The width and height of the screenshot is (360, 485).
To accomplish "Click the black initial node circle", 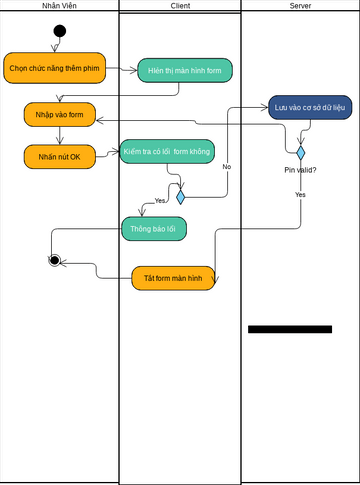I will pyautogui.click(x=59, y=31).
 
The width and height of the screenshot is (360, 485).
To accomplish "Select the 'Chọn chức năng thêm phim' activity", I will pyautogui.click(x=54, y=68).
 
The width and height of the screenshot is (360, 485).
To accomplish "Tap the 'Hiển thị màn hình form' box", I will pyautogui.click(x=184, y=70).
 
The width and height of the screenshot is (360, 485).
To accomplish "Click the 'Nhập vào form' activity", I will pyautogui.click(x=59, y=115).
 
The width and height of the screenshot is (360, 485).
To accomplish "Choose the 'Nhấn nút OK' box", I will pyautogui.click(x=59, y=157).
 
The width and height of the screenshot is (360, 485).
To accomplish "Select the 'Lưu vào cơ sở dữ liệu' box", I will pyautogui.click(x=310, y=107).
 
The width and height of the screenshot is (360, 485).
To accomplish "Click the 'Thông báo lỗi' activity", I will pyautogui.click(x=154, y=229).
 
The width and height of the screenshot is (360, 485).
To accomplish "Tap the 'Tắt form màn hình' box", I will pyautogui.click(x=173, y=278).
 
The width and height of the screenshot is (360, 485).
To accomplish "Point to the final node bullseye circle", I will pyautogui.click(x=56, y=260).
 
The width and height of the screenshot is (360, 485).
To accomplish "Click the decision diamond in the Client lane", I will pyautogui.click(x=180, y=197).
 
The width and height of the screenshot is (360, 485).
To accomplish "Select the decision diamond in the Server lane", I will pyautogui.click(x=300, y=153).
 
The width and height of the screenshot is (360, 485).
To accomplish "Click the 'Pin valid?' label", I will pyautogui.click(x=300, y=170).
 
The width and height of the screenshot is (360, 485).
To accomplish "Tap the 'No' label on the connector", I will pyautogui.click(x=226, y=166).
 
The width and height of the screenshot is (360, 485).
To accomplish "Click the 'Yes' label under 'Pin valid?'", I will pyautogui.click(x=300, y=194).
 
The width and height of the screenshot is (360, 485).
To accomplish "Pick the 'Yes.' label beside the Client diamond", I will pyautogui.click(x=161, y=201).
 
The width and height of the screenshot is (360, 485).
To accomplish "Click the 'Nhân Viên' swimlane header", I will pyautogui.click(x=59, y=6).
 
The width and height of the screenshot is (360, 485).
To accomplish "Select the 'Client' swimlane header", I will pyautogui.click(x=180, y=6).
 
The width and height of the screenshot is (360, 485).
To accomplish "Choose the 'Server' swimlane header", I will pyautogui.click(x=300, y=6).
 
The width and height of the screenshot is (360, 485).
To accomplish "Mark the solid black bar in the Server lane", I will pyautogui.click(x=290, y=329).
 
